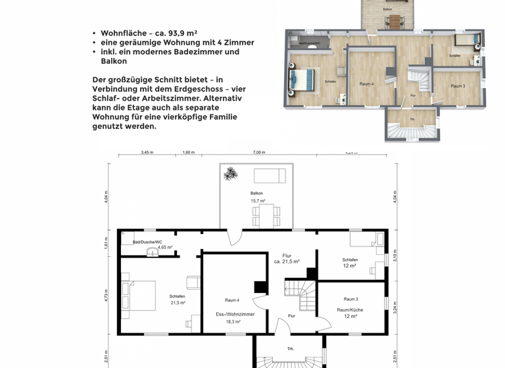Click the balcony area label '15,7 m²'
pyautogui.click(x=258, y=201)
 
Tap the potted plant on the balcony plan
pyautogui.click(x=230, y=174)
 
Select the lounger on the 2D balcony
pyautogui.click(x=270, y=175)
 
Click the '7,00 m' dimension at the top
pyautogui.click(x=259, y=152)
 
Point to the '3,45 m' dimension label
pyautogui.click(x=147, y=152)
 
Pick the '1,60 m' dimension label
pyautogui.click(x=188, y=152)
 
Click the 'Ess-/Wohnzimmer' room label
pyautogui.click(x=235, y=314)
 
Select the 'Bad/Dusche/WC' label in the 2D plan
pyautogui.click(x=147, y=242)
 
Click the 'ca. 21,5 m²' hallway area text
pyautogui.click(x=287, y=262)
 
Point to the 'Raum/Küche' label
pyautogui.click(x=350, y=308)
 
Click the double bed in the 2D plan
pyautogui.click(x=139, y=296)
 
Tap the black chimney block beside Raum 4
pyautogui.click(x=261, y=287)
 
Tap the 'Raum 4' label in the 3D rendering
pyautogui.click(x=366, y=84)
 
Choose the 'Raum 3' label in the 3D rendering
pyautogui.click(x=458, y=86)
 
